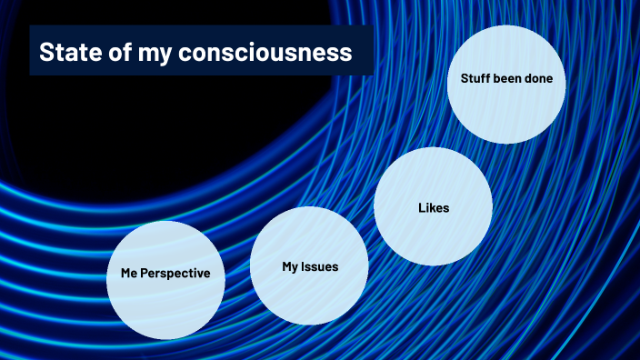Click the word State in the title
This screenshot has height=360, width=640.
(x=67, y=53)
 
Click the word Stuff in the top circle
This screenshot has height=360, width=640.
(x=475, y=79)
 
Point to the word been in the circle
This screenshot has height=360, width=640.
(x=512, y=79)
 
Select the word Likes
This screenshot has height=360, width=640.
(x=434, y=208)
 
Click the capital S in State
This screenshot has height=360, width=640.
(x=45, y=53)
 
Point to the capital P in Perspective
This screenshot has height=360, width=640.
(x=148, y=273)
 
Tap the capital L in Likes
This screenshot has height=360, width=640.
(x=422, y=208)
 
